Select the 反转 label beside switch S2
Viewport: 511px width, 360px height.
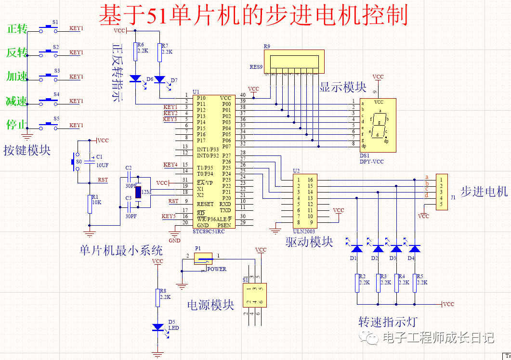(17, 52)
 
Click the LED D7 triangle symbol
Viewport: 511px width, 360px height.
(159, 79)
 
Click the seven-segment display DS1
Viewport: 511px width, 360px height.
(378, 125)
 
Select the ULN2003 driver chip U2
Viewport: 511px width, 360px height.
(305, 201)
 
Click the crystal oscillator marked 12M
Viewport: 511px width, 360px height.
(138, 193)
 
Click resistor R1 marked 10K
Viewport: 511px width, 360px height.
(90, 203)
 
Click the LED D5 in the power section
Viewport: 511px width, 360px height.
(157, 327)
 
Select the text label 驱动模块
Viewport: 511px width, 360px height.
(309, 242)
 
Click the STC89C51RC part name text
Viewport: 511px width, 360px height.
(209, 231)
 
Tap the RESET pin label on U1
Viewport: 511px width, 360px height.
(205, 204)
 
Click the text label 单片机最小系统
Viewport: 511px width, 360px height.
(121, 250)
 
